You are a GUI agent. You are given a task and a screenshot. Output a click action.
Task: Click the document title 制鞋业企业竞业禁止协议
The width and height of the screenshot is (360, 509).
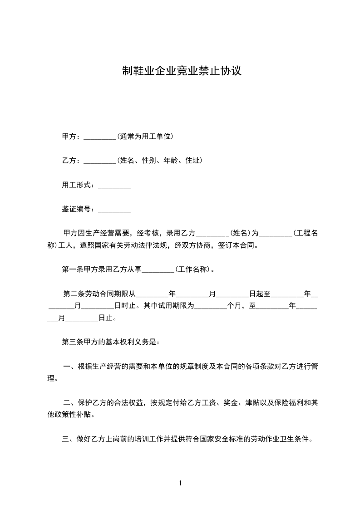pyautogui.click(x=181, y=71)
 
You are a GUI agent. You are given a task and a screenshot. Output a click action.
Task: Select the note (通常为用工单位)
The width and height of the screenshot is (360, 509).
pyautogui.click(x=145, y=136)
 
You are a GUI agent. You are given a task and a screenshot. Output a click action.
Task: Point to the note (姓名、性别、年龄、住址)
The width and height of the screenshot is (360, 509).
pyautogui.click(x=160, y=161)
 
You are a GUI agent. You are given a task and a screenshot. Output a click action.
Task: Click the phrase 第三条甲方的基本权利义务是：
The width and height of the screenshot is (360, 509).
pyautogui.click(x=111, y=342)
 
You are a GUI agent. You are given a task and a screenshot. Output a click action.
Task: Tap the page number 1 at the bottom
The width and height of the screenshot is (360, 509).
pyautogui.click(x=180, y=483)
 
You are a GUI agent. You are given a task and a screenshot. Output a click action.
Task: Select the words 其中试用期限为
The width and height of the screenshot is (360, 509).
pyautogui.click(x=169, y=305)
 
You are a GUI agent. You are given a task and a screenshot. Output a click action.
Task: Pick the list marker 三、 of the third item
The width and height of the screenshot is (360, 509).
pyautogui.click(x=69, y=439)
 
